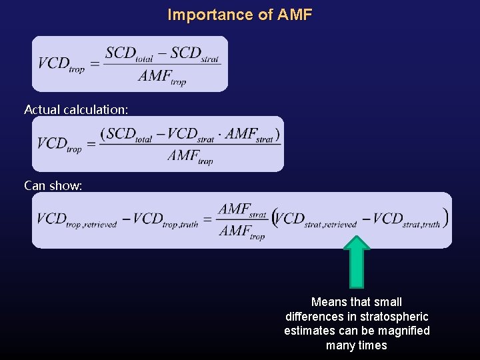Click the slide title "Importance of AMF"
239,15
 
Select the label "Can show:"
53,185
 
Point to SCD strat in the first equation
194,54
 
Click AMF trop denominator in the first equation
162,77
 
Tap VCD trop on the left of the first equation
61,64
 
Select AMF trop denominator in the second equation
190,157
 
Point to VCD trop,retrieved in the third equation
76,220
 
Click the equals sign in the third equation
207,220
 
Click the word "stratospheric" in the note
391,316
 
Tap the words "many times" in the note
357,345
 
